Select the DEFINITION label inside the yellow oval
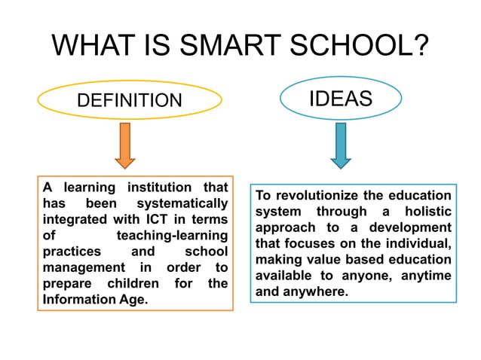click(x=130, y=100)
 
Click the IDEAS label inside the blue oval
click(x=341, y=99)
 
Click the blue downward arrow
click(x=341, y=145)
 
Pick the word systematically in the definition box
click(x=182, y=203)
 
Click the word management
click(x=83, y=268)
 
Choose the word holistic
click(x=427, y=212)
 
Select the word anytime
click(x=426, y=276)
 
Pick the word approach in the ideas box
click(x=283, y=227)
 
